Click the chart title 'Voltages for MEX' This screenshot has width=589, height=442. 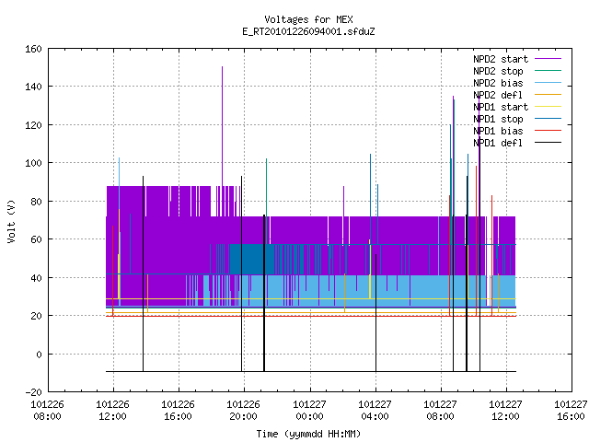[308, 19]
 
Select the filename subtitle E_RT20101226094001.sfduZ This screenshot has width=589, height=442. [308, 31]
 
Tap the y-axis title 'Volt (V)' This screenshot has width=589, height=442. [11, 221]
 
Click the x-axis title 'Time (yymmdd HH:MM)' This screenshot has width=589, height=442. [308, 434]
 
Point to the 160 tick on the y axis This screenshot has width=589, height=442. [33, 49]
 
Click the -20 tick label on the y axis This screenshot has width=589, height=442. [33, 392]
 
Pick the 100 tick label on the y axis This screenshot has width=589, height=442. [33, 163]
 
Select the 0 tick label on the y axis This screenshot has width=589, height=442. [39, 354]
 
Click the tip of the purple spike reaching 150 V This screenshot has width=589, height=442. [222, 67]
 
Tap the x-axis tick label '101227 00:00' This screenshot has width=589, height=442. [309, 411]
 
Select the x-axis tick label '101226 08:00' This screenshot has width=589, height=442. [47, 411]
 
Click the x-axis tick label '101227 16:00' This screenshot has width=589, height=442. [571, 411]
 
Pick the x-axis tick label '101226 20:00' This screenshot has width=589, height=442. [244, 411]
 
